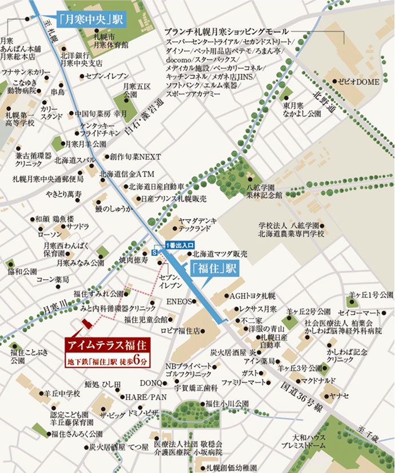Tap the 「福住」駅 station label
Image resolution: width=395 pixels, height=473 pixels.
pos(214,268)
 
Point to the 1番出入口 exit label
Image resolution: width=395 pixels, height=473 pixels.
pos(179,245)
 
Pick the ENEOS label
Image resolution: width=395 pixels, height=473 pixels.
pos(177,301)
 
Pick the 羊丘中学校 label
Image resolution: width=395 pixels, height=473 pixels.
pos(62,393)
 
